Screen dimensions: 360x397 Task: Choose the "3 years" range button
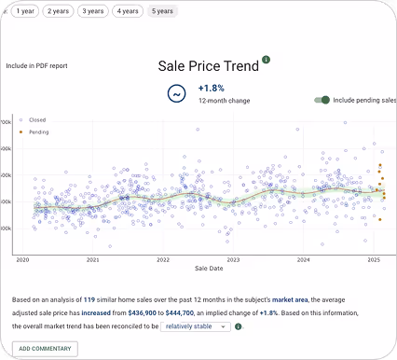(92, 11)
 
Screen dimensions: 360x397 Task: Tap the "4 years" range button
(128, 11)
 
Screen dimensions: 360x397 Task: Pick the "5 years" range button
(162, 11)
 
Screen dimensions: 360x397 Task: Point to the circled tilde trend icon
(175, 94)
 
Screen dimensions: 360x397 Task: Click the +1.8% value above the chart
(212, 88)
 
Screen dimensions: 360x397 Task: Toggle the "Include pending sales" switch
(322, 99)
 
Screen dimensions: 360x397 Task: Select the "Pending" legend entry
(38, 132)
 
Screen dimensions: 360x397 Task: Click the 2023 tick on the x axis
(233, 260)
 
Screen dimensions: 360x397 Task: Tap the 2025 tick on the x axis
(374, 260)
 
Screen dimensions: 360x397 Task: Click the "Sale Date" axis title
(208, 269)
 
